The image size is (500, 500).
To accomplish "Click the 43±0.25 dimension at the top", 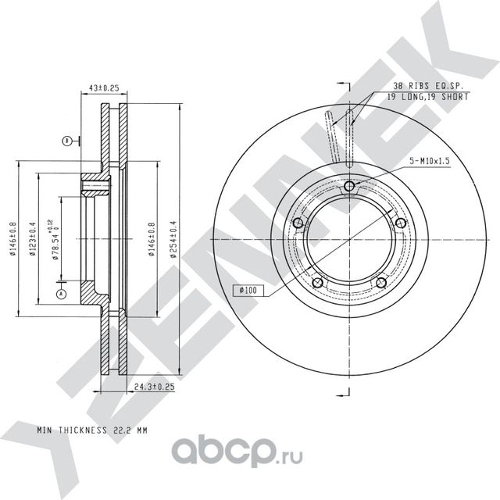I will (105, 89).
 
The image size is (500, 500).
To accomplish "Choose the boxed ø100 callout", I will (248, 291).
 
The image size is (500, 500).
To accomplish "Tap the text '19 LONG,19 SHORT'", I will (427, 97).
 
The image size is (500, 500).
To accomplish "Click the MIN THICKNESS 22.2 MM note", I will (91, 430).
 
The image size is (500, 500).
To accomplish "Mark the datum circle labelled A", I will (61, 293).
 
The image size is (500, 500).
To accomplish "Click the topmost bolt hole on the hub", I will (348, 186).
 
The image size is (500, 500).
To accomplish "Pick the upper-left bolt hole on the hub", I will (297, 224).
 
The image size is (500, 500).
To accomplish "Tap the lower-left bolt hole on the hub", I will (316, 283).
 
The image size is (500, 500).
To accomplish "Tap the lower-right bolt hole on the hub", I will (380, 283).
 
